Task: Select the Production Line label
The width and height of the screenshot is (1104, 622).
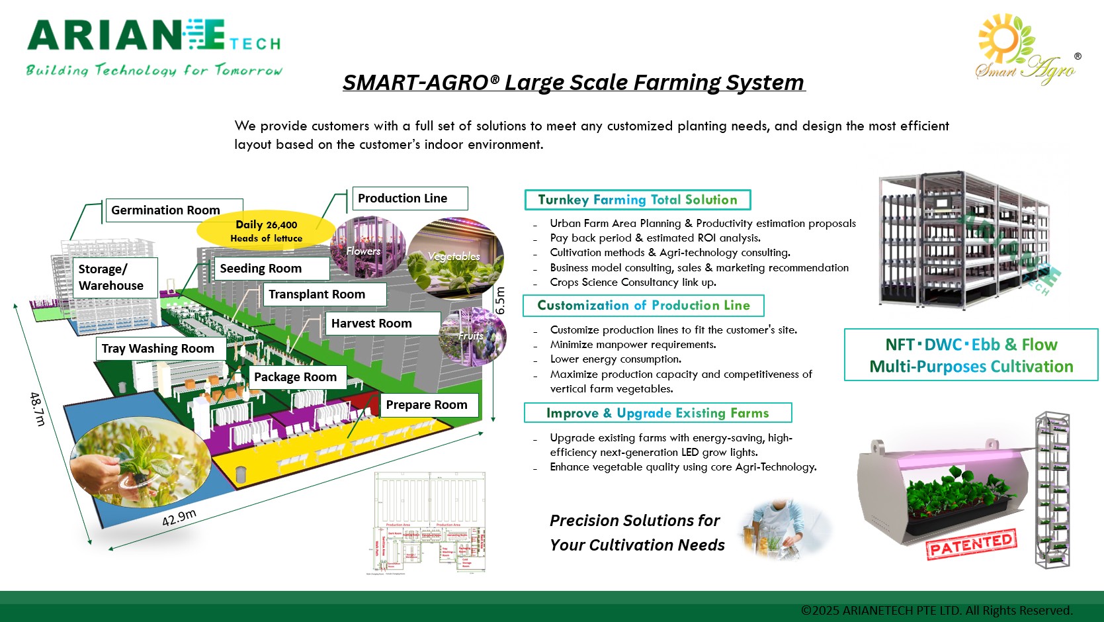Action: [409, 199]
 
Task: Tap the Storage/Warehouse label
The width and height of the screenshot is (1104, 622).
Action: [114, 277]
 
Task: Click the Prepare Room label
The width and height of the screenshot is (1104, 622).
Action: [429, 405]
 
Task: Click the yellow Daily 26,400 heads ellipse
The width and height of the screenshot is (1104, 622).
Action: [266, 230]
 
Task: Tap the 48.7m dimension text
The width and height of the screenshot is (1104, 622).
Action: [38, 408]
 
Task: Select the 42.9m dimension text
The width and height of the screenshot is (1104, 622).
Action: [179, 517]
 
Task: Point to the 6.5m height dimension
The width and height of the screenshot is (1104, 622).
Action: [500, 300]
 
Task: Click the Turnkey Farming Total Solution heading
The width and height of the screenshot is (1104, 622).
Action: [637, 200]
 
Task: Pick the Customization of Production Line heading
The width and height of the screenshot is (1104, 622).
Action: [643, 306]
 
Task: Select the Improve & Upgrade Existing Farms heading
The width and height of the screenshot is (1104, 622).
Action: [658, 413]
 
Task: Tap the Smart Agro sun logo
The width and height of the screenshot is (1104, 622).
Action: [1005, 40]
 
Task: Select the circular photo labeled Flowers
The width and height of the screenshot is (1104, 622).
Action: [368, 248]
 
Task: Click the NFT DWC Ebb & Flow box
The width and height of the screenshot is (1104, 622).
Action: [970, 355]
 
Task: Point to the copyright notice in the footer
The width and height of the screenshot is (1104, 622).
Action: [936, 610]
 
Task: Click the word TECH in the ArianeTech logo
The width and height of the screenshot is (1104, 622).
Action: [255, 44]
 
